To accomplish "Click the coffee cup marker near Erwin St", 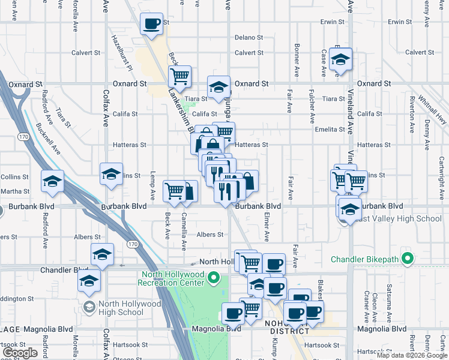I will point(151,25).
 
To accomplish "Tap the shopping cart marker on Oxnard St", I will point(179,76).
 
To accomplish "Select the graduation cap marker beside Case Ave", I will point(340,59).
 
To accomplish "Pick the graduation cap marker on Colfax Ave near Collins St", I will point(111,174).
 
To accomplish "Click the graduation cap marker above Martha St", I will point(52,181).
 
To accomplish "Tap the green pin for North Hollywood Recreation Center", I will point(220,278).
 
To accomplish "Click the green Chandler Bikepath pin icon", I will point(408,260).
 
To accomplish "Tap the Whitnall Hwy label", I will point(429,101).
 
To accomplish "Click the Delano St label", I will point(249,37).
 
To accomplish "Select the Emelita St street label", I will point(330,129).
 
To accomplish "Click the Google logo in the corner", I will point(20,353).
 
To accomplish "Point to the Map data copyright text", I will point(412,355).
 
